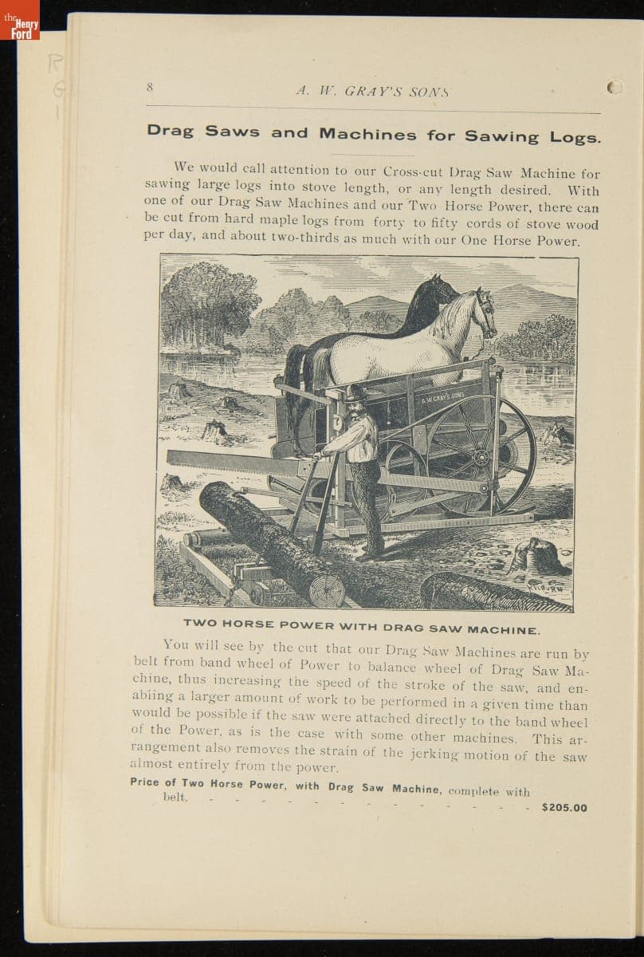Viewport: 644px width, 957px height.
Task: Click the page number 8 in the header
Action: click(149, 88)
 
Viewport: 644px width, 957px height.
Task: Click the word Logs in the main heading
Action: click(575, 137)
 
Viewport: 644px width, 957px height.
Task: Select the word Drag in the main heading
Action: click(171, 132)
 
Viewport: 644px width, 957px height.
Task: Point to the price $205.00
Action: click(563, 807)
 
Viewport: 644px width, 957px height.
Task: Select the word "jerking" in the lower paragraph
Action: click(441, 754)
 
